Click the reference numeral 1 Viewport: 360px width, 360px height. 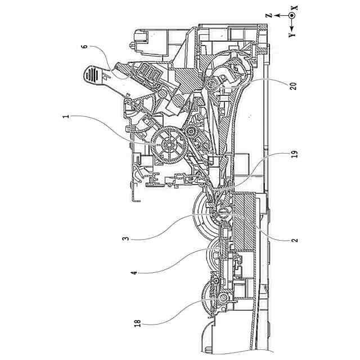click(x=66, y=117)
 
